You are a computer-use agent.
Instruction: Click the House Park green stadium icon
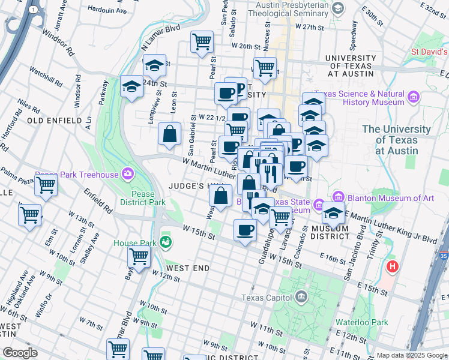166,243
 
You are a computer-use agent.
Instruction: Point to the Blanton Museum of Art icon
338,197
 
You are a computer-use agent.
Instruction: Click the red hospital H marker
393,266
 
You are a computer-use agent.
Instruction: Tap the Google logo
20,353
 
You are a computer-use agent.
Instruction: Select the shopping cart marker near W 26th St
202,41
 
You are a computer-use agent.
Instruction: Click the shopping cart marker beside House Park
139,256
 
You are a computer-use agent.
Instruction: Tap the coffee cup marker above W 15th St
244,230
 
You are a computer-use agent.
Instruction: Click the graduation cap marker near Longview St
131,87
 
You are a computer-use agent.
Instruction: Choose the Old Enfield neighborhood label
55,121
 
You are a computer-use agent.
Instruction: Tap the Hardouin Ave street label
107,10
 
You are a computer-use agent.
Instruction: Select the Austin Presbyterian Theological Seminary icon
339,8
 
